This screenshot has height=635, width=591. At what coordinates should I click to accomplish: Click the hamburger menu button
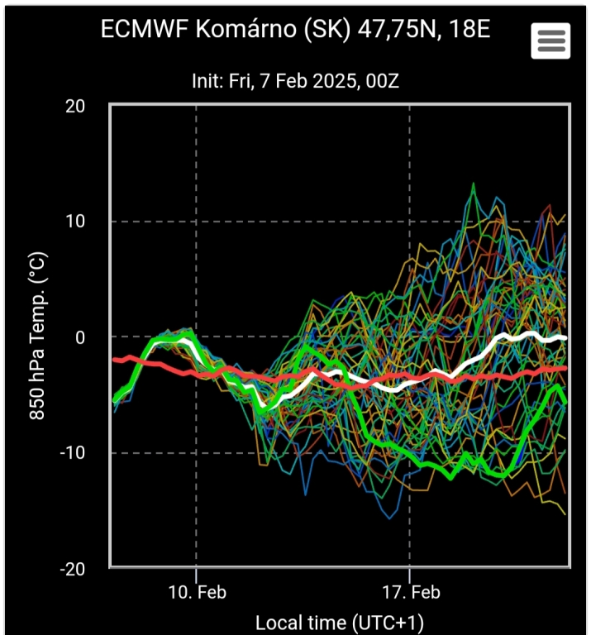tap(550, 40)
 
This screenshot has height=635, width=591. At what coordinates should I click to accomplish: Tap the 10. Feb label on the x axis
tap(197, 593)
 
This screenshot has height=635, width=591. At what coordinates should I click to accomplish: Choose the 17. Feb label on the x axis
tap(410, 593)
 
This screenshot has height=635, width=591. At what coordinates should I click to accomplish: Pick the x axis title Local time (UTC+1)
tap(340, 622)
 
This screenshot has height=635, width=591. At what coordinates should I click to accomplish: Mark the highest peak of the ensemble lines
tap(474, 184)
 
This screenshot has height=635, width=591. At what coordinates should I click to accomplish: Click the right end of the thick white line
tap(566, 337)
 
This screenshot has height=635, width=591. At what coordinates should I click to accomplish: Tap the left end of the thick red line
tap(114, 360)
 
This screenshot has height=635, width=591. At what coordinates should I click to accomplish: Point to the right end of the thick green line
tap(566, 403)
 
